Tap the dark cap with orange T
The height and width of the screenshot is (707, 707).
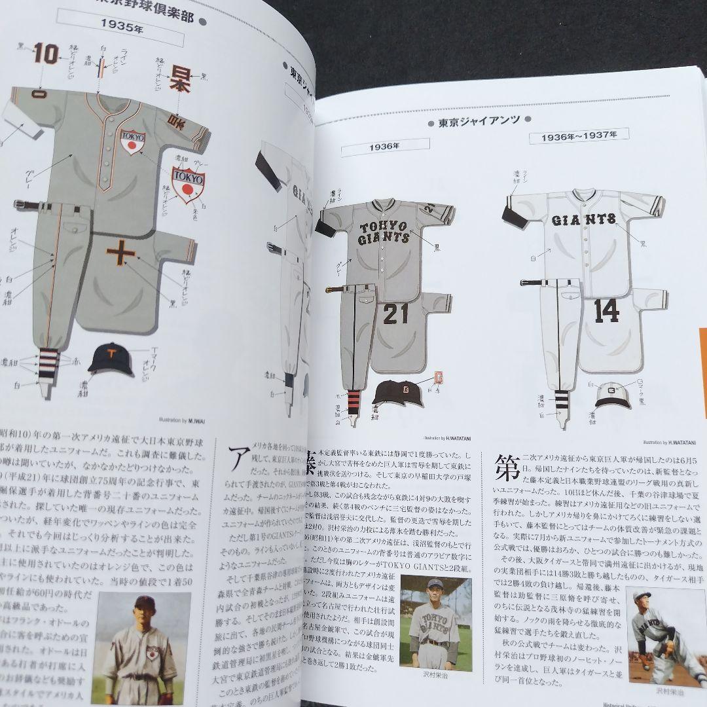point(111,359)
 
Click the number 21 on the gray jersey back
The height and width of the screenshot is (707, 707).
point(395,314)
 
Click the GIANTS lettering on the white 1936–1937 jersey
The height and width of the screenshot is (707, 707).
point(583,219)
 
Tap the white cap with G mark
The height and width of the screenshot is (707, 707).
point(613,395)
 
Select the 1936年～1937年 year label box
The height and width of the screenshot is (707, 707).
point(579,136)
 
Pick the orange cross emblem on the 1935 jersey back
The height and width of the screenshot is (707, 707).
point(121,253)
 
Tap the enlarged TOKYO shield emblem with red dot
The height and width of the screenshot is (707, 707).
point(188,184)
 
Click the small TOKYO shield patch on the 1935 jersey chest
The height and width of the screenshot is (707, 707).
point(133,141)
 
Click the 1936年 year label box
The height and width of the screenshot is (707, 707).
point(384,147)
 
